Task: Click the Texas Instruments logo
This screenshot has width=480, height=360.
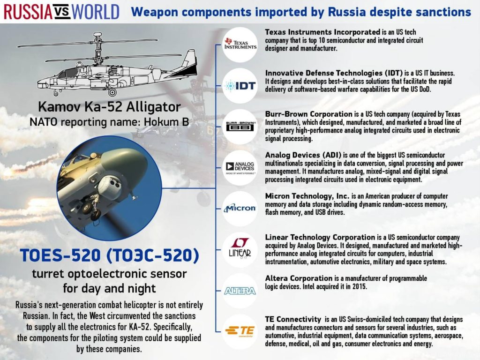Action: [240, 44]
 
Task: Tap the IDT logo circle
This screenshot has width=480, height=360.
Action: [240, 86]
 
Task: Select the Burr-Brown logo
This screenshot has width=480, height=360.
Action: [240, 126]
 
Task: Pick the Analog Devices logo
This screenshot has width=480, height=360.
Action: [240, 167]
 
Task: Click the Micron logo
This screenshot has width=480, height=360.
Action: [240, 208]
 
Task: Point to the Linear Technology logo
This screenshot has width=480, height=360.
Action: [240, 248]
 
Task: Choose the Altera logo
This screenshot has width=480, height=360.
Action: [240, 291]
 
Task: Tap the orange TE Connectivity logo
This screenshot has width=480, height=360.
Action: [240, 331]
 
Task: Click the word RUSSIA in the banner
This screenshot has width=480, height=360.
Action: [28, 12]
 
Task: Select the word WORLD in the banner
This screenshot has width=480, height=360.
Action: [95, 12]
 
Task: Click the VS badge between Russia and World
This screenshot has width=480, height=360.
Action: [62, 12]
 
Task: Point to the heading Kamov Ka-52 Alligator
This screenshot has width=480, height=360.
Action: [109, 107]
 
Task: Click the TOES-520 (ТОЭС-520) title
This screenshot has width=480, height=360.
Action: [109, 255]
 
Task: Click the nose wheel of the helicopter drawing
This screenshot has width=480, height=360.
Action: [56, 93]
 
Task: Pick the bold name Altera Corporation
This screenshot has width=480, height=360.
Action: [299, 278]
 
